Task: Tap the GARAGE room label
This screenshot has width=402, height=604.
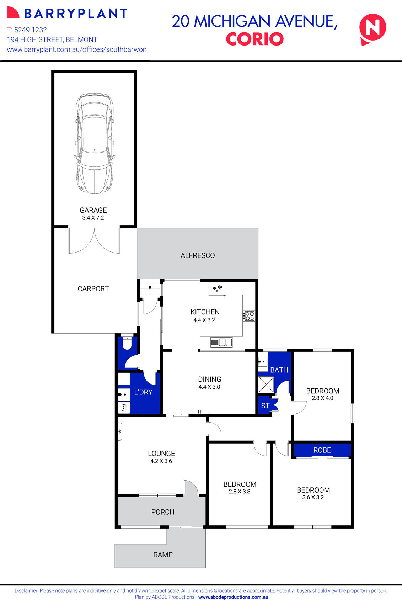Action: (x=93, y=210)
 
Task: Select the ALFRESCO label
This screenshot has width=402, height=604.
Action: (x=198, y=255)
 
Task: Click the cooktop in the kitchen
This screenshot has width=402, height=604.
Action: (x=249, y=316)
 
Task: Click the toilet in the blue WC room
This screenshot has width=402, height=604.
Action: (x=127, y=343)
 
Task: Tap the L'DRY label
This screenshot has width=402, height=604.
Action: (x=143, y=392)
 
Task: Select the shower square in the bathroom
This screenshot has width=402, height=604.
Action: (x=266, y=384)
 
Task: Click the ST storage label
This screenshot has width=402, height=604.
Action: (x=265, y=406)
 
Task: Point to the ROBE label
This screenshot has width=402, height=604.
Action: (x=322, y=450)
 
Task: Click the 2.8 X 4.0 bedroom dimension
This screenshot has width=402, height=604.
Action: (x=322, y=398)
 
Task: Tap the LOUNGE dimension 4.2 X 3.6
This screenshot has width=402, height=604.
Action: (x=161, y=461)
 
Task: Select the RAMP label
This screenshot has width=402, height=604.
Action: (x=163, y=555)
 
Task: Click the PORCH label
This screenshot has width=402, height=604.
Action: (x=163, y=512)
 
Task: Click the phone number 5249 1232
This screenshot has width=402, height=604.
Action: (x=31, y=30)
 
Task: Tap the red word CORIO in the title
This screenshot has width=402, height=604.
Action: (x=254, y=39)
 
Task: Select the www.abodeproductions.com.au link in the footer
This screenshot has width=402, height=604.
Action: (x=233, y=597)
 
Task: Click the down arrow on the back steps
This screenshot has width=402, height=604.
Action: (x=150, y=285)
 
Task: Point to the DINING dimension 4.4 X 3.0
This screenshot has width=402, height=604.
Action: (x=209, y=387)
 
